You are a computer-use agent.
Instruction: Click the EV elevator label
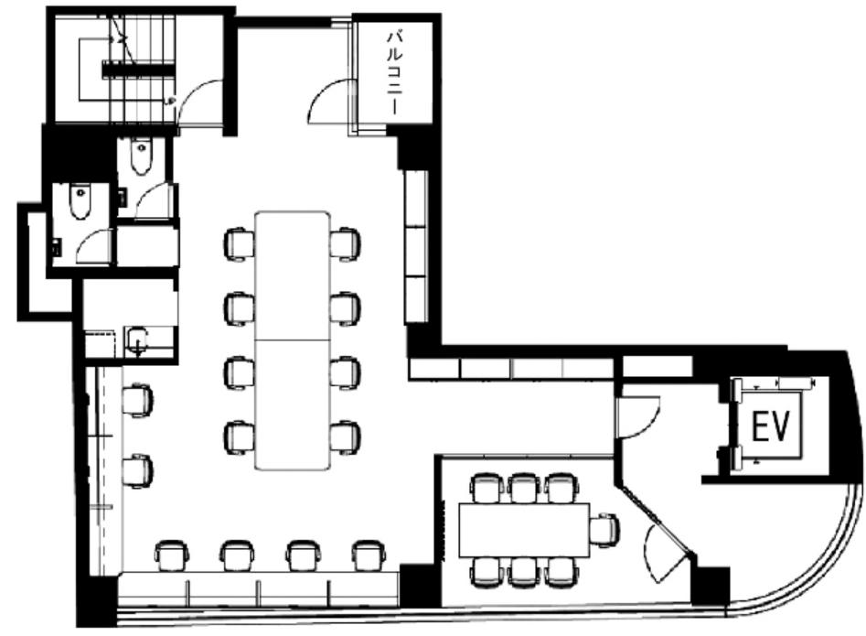771,426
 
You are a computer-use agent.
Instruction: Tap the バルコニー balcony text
394,73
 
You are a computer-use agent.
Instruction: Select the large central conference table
292,340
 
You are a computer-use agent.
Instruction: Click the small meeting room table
524,530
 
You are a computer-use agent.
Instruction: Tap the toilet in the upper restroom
142,156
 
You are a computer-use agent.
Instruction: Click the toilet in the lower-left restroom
80,201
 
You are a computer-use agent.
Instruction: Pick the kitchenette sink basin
137,340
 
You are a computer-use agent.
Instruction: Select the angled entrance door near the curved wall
667,552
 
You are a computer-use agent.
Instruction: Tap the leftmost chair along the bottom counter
172,555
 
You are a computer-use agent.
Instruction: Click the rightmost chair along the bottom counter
369,555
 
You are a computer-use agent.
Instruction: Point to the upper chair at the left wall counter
137,400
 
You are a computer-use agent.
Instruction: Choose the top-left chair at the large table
240,243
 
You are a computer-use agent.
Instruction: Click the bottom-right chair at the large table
345,437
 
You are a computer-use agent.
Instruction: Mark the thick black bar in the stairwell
139,69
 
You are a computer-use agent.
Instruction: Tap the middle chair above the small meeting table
522,488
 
